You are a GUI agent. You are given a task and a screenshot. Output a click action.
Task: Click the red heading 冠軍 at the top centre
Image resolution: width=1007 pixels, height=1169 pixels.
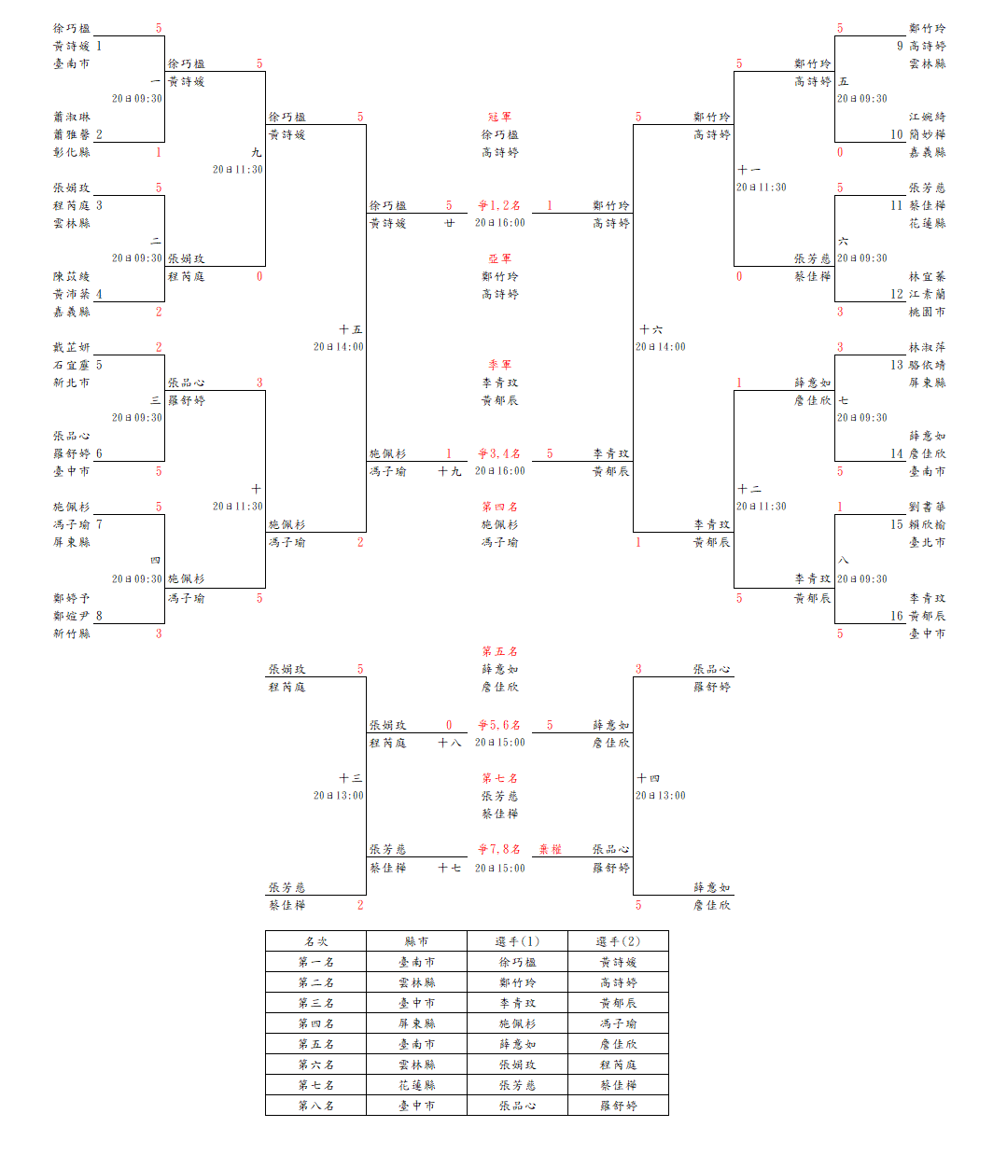pos(499,117)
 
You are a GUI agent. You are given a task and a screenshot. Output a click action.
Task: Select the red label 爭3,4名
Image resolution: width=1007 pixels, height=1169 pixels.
pos(499,453)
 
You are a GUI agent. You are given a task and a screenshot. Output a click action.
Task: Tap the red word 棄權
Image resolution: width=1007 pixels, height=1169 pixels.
pos(550,849)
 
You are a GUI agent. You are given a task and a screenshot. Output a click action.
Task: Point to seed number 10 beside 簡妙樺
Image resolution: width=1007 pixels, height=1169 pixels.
pos(896,134)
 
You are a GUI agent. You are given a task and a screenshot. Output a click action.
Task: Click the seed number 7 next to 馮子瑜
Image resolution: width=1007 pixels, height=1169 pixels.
pos(99,524)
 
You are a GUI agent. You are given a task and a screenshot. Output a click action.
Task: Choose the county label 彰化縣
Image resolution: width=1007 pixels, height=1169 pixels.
pos(72,152)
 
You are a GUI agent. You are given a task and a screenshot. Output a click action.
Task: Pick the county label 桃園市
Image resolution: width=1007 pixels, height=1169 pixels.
pos(927,312)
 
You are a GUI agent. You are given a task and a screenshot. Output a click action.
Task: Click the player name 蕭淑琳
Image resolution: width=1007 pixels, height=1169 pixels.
pos(72,117)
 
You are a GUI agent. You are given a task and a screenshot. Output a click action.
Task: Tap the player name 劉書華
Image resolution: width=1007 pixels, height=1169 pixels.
pos(927,507)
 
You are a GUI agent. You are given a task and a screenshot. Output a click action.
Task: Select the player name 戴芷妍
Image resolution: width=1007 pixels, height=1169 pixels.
pos(72,347)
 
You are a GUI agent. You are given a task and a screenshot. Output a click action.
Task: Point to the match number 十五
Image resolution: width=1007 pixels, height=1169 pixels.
pos(351,329)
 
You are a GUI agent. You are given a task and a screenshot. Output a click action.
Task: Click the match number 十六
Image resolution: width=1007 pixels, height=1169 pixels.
pos(650,329)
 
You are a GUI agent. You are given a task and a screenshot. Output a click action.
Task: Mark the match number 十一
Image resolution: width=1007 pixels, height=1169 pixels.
pos(748,170)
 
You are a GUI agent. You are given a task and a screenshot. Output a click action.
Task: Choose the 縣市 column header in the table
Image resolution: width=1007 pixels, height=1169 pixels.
pos(416,941)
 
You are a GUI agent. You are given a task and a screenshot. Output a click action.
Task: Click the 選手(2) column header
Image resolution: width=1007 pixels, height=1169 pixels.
pos(618,941)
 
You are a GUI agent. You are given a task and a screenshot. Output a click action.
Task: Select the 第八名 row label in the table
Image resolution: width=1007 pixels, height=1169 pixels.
pos(315,1106)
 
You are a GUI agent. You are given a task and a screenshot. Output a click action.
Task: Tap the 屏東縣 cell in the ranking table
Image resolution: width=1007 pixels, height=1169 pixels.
pos(416,1023)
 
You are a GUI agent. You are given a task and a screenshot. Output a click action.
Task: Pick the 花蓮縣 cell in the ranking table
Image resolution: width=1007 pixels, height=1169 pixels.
pos(416,1085)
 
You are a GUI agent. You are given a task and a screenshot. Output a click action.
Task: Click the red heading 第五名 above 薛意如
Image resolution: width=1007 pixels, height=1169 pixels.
pos(499,651)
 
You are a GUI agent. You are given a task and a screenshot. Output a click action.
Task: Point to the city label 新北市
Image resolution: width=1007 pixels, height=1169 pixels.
pos(72,383)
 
